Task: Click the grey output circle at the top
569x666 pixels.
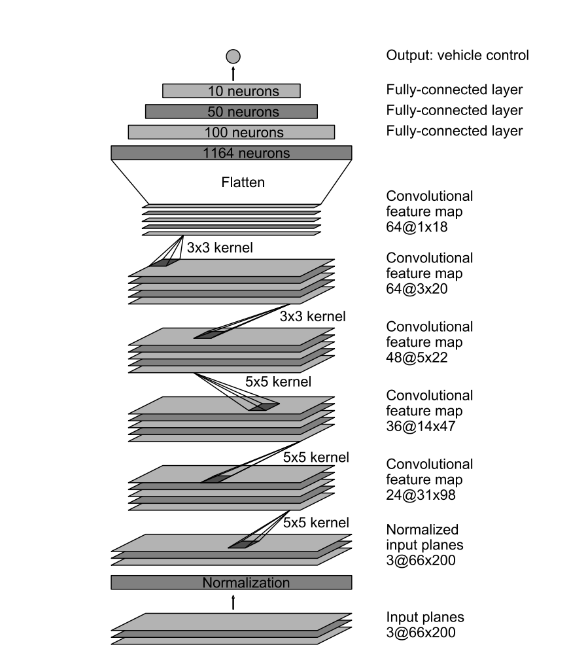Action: pyautogui.click(x=233, y=56)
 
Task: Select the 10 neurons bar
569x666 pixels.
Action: pyautogui.click(x=232, y=91)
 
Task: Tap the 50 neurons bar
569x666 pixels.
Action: pyautogui.click(x=232, y=111)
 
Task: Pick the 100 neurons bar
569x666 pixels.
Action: pyautogui.click(x=232, y=132)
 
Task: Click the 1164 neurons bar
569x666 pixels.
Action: pyautogui.click(x=232, y=153)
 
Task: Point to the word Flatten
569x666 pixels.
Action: pyautogui.click(x=243, y=183)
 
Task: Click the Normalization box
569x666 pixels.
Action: pyautogui.click(x=232, y=582)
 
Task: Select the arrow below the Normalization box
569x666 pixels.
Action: pyautogui.click(x=233, y=602)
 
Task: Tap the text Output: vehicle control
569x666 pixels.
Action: pyautogui.click(x=457, y=55)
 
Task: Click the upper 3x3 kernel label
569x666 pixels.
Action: pyautogui.click(x=220, y=249)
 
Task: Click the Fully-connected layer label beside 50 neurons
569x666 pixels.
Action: pyautogui.click(x=455, y=110)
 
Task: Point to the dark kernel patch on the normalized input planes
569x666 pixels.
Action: pyautogui.click(x=241, y=544)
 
